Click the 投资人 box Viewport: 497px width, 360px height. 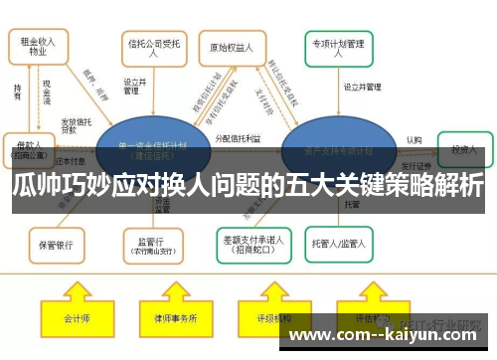(464, 148)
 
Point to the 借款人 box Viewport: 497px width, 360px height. (30, 148)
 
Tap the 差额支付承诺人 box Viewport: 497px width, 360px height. (251, 242)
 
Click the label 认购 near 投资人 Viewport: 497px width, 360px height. (414, 140)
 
